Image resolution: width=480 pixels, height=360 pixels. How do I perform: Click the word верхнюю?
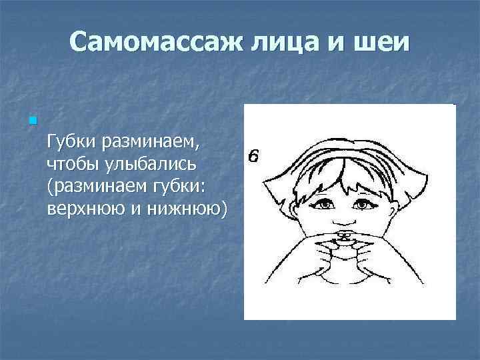click(83, 209)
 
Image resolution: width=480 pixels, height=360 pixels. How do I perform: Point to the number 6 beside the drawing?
click(253, 157)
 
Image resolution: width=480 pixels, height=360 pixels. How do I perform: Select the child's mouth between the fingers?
click(343, 238)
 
